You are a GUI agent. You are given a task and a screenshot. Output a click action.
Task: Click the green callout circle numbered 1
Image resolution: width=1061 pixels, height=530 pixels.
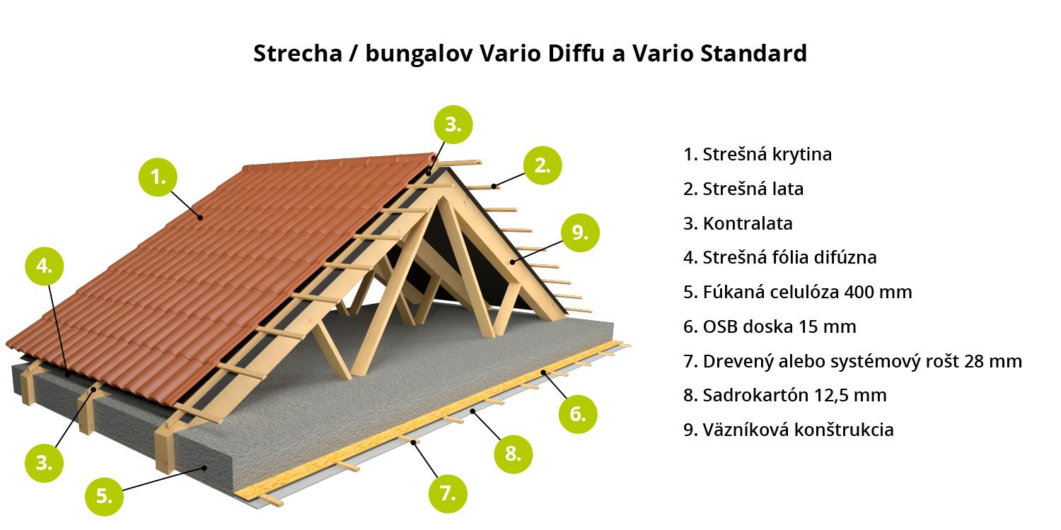[158, 177]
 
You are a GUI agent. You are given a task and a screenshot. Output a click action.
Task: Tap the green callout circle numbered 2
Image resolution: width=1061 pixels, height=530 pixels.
[543, 165]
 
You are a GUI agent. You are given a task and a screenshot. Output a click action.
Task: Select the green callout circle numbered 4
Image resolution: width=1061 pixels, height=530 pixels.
[44, 266]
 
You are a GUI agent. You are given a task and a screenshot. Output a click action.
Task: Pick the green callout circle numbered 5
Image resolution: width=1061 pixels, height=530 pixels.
[104, 496]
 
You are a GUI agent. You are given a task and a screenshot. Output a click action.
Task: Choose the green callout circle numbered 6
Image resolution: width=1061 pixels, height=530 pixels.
[578, 414]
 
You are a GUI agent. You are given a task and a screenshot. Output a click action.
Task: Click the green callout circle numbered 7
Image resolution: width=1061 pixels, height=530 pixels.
[448, 493]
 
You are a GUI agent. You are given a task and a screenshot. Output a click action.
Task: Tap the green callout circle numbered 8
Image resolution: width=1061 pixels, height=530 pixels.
[513, 454]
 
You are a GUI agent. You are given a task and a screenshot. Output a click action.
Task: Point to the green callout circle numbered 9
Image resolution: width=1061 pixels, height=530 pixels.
[580, 232]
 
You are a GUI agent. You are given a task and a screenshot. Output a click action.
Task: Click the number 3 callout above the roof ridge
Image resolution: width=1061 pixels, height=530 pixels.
[453, 124]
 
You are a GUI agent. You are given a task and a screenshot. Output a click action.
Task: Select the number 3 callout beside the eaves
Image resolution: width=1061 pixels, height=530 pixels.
[44, 463]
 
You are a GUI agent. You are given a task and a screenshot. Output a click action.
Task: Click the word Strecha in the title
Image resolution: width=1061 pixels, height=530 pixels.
[298, 53]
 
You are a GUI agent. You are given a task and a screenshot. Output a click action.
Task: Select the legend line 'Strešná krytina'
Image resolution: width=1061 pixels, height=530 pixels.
[758, 154]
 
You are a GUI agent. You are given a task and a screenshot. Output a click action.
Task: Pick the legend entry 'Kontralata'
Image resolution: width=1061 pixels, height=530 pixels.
[738, 223]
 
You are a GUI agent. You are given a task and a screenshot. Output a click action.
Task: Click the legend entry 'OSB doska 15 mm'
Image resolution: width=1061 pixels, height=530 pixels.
[770, 326]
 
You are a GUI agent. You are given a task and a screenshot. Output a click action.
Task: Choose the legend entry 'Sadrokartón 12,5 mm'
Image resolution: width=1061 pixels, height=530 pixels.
[785, 395]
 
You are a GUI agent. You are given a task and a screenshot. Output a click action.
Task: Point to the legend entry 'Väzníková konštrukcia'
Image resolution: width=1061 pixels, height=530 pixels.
[788, 430]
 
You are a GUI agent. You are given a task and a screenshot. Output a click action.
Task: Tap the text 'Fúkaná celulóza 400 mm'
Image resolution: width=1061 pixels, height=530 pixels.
[798, 292]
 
